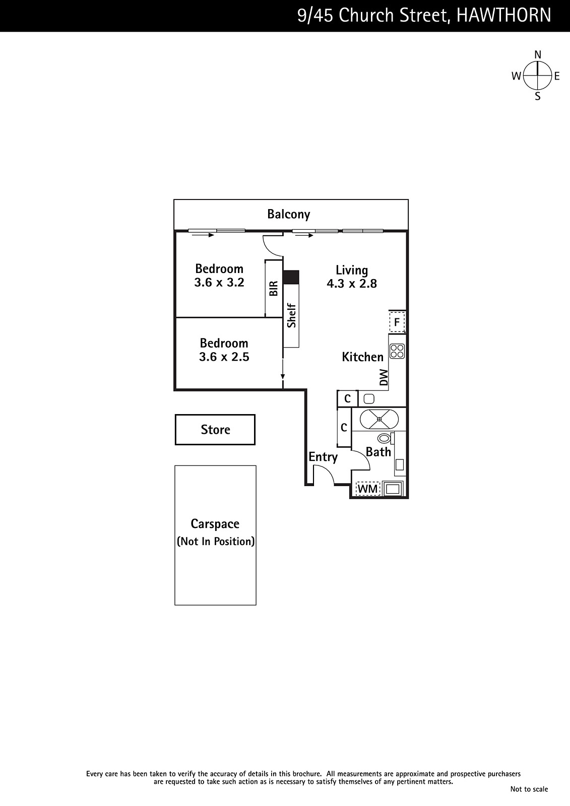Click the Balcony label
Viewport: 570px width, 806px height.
[288, 215]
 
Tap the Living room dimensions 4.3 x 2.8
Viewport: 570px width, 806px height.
[352, 284]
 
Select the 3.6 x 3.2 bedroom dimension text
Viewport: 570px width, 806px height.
[219, 283]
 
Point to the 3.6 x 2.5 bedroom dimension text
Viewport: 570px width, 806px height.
[224, 357]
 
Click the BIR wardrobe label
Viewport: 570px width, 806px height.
[274, 289]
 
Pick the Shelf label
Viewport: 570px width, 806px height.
[291, 315]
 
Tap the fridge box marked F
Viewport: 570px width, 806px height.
[397, 322]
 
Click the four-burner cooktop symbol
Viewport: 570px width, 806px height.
[397, 352]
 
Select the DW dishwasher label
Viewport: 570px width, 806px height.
[384, 377]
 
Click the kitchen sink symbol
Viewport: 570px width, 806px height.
[369, 399]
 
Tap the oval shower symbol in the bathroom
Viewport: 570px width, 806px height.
[379, 419]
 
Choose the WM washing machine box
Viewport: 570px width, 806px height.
[368, 489]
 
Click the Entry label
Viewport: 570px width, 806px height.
[323, 457]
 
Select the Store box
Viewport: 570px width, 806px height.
[215, 430]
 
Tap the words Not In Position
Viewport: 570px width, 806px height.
[216, 542]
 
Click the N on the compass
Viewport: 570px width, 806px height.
[538, 55]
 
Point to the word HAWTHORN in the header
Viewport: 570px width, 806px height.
[503, 16]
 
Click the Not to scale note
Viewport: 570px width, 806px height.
[529, 789]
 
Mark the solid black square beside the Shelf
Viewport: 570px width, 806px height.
[291, 277]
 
